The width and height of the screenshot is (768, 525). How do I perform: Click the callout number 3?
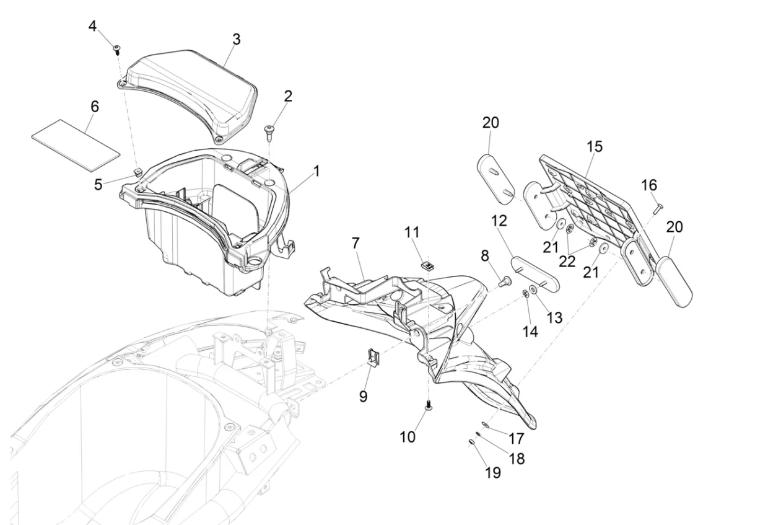pyautogui.click(x=236, y=40)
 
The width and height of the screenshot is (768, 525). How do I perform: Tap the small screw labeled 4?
pyautogui.click(x=117, y=50)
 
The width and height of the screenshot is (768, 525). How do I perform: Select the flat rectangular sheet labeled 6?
pyautogui.click(x=76, y=145)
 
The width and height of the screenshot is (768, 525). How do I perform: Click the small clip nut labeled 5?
pyautogui.click(x=138, y=171)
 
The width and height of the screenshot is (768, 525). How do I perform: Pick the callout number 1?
pyautogui.click(x=316, y=171)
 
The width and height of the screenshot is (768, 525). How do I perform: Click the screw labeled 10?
pyautogui.click(x=428, y=405)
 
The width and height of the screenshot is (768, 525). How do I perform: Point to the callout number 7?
pyautogui.click(x=356, y=244)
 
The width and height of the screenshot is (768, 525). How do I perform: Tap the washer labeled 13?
pyautogui.click(x=533, y=290)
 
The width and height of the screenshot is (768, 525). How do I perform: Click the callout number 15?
pyautogui.click(x=594, y=146)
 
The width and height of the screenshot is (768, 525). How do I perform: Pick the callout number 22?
pyautogui.click(x=567, y=262)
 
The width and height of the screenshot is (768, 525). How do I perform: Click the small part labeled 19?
pyautogui.click(x=472, y=443)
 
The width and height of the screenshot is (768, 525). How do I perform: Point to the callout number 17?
pyautogui.click(x=517, y=438)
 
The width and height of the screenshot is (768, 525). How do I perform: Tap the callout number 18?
pyautogui.click(x=517, y=459)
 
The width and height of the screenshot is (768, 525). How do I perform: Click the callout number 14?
pyautogui.click(x=530, y=332)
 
